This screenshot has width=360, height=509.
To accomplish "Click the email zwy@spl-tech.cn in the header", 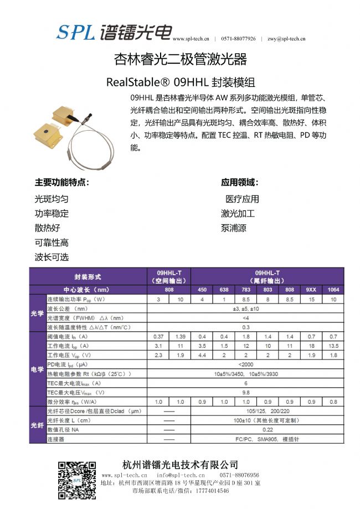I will click(286, 39).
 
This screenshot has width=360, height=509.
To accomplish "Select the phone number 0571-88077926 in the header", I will click(238, 39).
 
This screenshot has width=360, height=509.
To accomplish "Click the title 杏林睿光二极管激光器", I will click(180, 60).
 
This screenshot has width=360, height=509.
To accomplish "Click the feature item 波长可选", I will click(52, 257).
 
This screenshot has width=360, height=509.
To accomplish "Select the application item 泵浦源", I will click(234, 228).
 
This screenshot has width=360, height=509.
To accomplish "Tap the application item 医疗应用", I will click(242, 199).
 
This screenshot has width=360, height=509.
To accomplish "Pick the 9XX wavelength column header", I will click(311, 289).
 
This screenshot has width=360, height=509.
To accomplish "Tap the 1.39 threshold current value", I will click(180, 336).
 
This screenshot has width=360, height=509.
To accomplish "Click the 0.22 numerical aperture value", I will click(268, 429).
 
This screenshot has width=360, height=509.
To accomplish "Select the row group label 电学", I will click(37, 368).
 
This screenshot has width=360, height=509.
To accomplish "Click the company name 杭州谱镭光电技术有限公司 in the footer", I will click(180, 464).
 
